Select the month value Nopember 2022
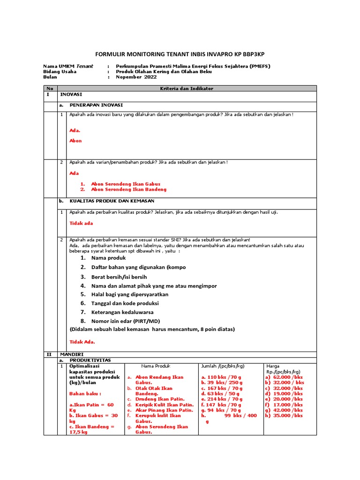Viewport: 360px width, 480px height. pos(136,77)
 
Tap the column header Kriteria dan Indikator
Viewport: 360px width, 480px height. pos(187,88)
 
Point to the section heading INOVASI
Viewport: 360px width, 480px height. pos(71,94)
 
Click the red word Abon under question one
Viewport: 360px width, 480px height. pos(75,141)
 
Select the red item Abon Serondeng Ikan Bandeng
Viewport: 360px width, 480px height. pos(128,189)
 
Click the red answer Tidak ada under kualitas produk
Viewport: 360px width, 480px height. pos(81,224)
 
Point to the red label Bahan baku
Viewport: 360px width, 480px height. pos(85,393)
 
